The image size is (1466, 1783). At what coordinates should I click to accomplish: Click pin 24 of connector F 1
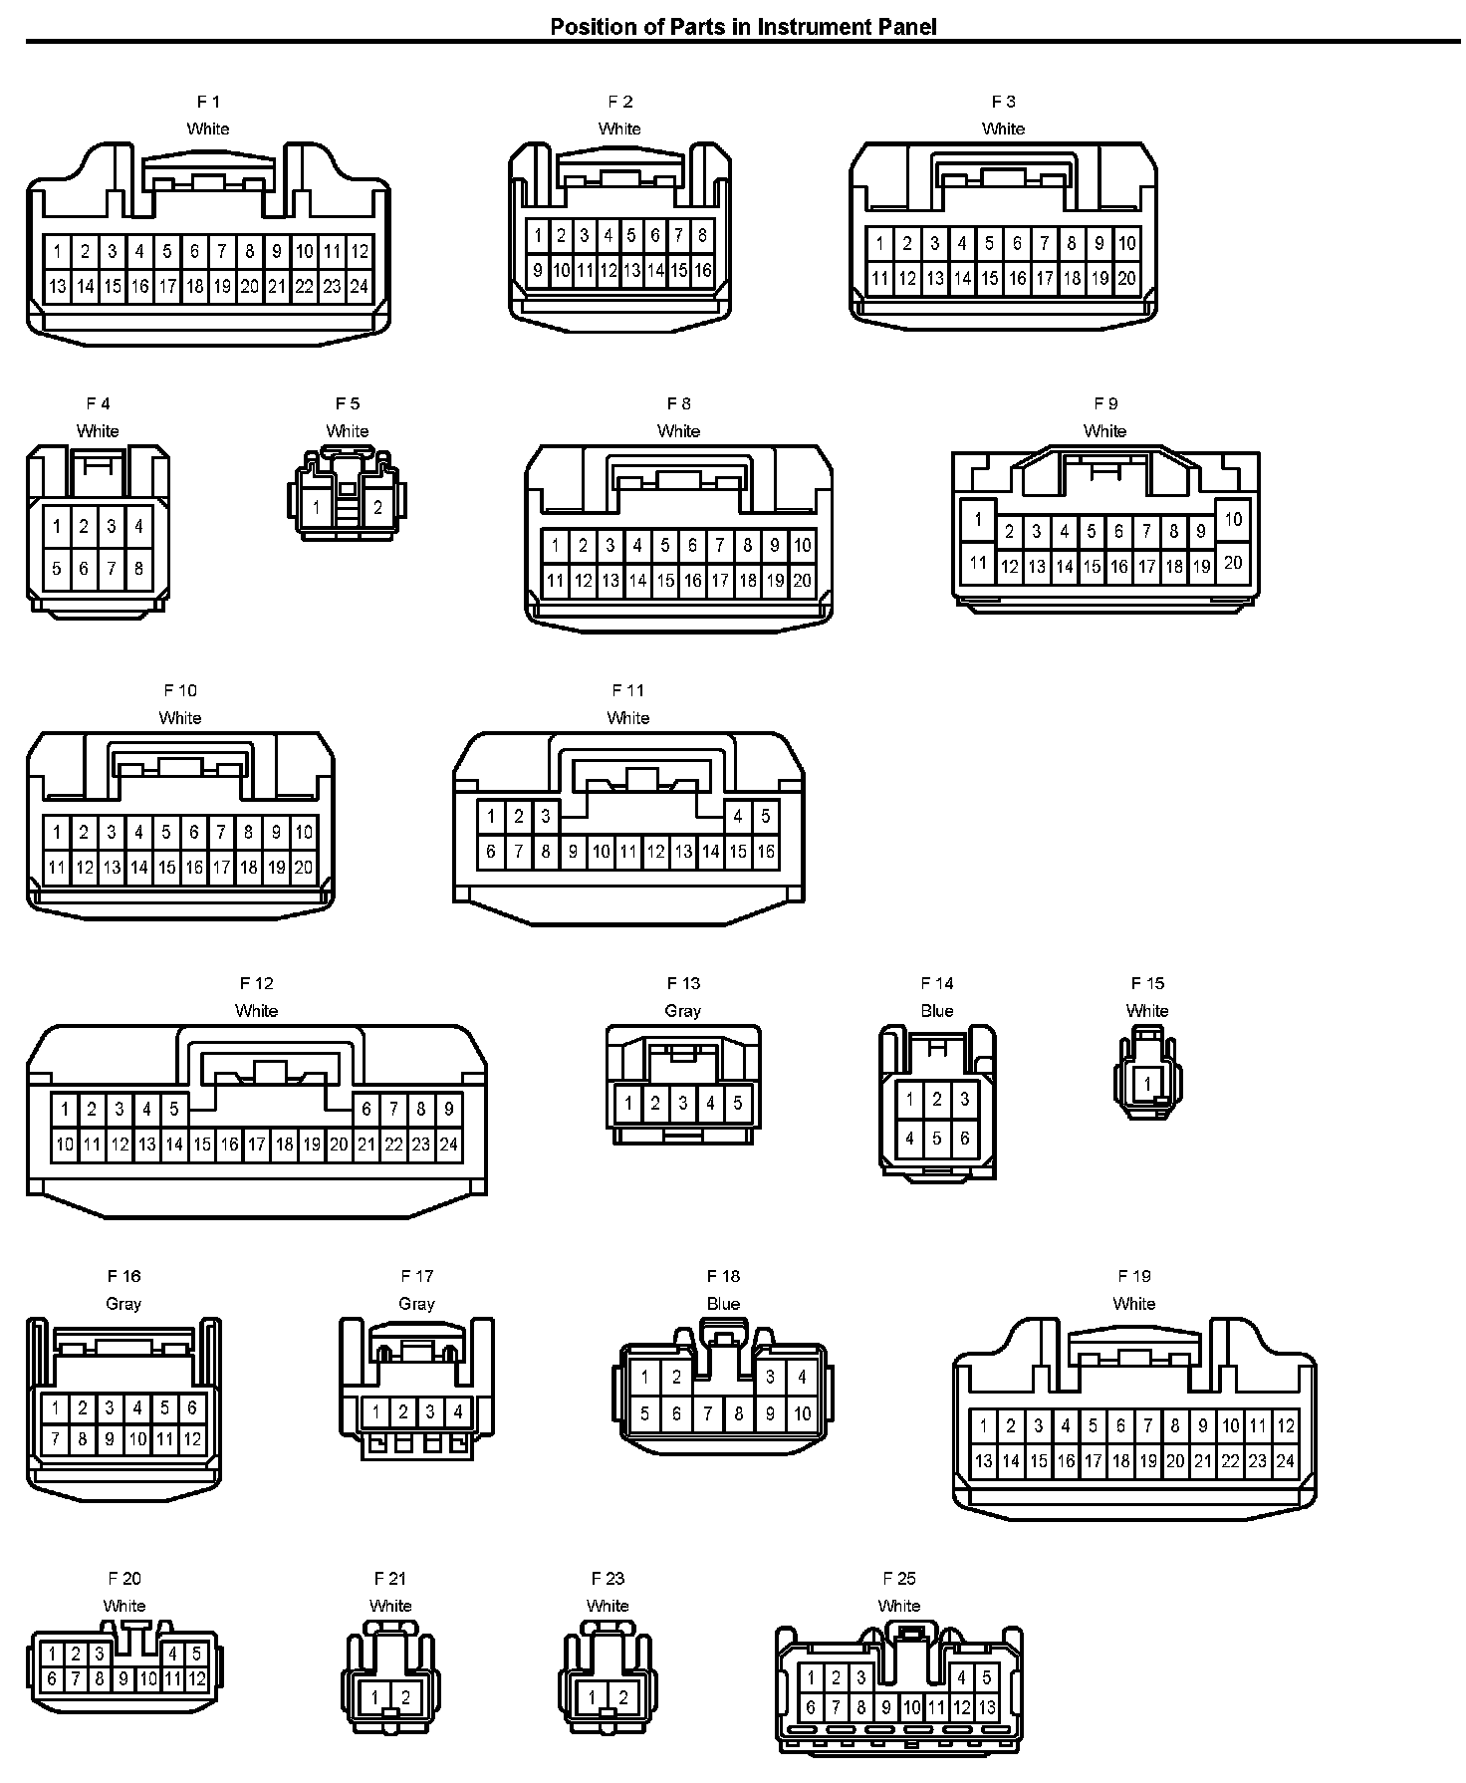pos(360,287)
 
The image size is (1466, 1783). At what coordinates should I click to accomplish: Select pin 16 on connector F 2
pos(703,270)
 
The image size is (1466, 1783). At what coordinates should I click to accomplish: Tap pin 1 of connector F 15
pos(1147,1084)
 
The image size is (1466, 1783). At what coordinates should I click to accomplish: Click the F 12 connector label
pos(256,983)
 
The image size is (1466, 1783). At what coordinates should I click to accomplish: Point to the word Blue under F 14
pos(937,1011)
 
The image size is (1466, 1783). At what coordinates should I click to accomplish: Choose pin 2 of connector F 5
pos(377,507)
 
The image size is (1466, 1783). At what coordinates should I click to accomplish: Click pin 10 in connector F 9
pos(1233,519)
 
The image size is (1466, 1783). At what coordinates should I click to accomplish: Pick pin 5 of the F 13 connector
pos(738,1103)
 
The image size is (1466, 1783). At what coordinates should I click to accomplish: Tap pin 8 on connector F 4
pos(138,569)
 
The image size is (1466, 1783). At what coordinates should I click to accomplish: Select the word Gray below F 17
pos(416,1304)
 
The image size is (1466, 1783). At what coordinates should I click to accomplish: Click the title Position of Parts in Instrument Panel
pos(743,27)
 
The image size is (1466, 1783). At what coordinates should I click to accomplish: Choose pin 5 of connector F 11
pos(765,816)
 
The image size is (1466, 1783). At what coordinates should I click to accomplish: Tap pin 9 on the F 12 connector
pos(449,1109)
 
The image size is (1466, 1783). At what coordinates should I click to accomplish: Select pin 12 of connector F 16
pos(192,1438)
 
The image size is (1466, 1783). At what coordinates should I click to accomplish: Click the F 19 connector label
pos(1134,1276)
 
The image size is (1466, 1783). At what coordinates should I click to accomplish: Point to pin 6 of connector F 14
pos(964,1138)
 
